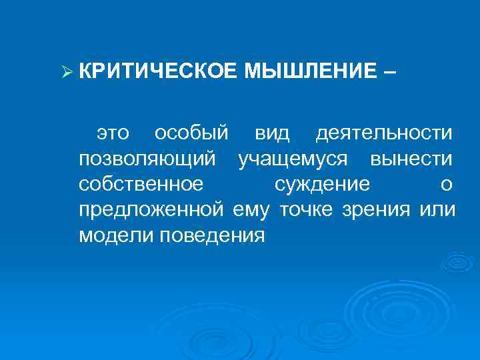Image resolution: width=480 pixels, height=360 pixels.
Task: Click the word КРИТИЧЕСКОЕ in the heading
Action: pos(156,70)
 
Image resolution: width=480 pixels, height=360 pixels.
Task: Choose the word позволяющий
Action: pos(147,159)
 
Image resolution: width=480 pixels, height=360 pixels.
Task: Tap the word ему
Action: pos(252,211)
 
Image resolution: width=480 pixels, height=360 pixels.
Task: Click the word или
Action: pos(438,211)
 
